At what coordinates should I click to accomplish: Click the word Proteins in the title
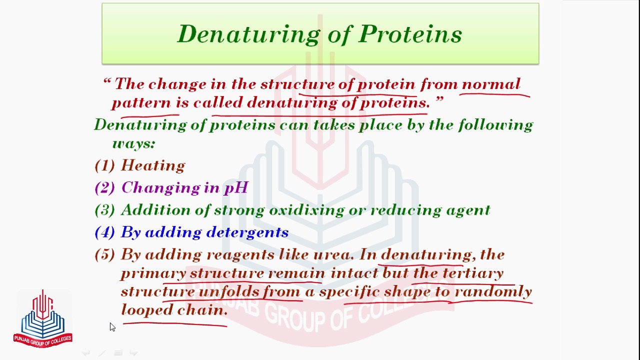pyautogui.click(x=410, y=33)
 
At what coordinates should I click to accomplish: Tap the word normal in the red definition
pyautogui.click(x=491, y=84)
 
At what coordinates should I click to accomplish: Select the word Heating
pyautogui.click(x=153, y=165)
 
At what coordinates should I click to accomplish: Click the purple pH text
pyautogui.click(x=236, y=188)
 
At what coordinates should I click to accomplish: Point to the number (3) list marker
pyautogui.click(x=105, y=210)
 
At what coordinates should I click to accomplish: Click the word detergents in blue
pyautogui.click(x=247, y=232)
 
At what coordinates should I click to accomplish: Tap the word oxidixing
pyautogui.click(x=306, y=210)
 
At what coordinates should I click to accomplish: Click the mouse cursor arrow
pyautogui.click(x=112, y=327)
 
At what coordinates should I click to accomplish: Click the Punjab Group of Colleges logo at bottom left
pyautogui.click(x=43, y=318)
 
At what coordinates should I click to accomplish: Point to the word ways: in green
pyautogui.click(x=133, y=143)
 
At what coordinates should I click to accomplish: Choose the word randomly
pyautogui.click(x=493, y=292)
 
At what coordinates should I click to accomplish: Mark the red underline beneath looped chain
pyautogui.click(x=175, y=324)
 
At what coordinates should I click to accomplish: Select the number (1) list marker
pyautogui.click(x=105, y=165)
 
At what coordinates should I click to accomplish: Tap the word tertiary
pyautogui.click(x=473, y=273)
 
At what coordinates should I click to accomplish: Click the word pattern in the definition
pyautogui.click(x=141, y=103)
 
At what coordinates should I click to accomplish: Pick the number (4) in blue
pyautogui.click(x=105, y=232)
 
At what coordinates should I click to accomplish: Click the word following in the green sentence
pyautogui.click(x=495, y=125)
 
